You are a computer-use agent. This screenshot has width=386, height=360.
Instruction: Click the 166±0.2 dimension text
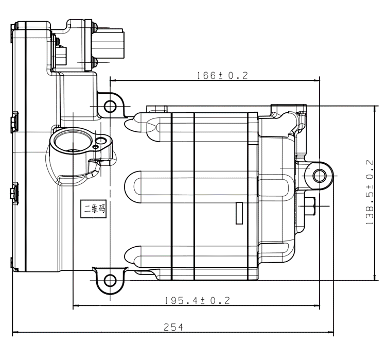point(222,75)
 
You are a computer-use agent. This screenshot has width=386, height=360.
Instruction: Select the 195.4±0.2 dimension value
point(197,300)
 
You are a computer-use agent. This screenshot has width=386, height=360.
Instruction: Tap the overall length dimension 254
point(173,327)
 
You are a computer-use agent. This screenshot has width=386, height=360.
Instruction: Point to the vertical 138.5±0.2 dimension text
point(370,192)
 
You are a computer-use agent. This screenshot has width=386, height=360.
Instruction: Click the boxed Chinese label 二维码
point(94,209)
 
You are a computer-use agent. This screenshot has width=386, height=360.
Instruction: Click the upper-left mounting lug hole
point(110,107)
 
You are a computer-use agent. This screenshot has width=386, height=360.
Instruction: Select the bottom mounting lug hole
point(110,280)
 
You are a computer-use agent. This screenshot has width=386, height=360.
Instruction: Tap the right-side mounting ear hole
point(320,176)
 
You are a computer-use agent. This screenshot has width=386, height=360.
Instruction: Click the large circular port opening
point(73,141)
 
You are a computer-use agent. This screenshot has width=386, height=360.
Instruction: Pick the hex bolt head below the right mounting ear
point(310,205)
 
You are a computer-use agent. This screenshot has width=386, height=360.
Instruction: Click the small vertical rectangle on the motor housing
point(239,213)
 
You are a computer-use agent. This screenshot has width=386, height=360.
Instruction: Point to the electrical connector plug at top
point(108,44)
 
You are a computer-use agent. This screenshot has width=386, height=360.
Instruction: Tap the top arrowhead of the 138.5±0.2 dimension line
point(375,109)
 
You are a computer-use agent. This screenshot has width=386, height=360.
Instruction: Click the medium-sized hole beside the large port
point(101,141)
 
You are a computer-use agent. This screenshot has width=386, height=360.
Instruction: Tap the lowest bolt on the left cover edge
point(14,264)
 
